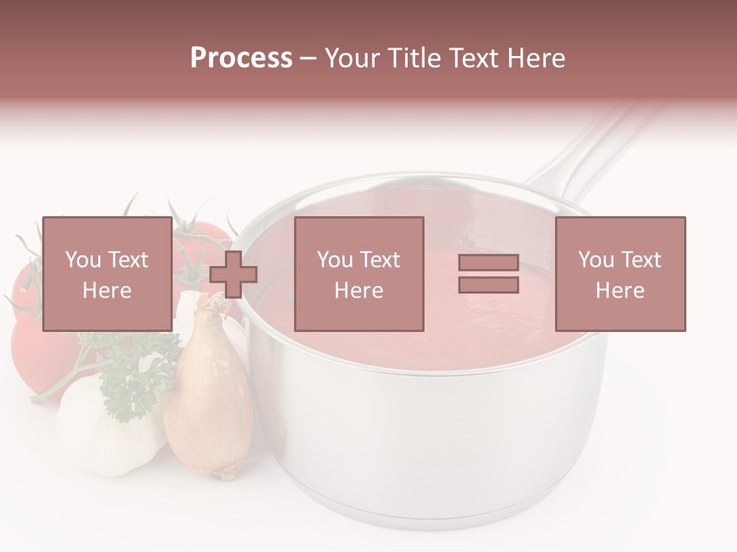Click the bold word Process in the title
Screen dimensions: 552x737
point(241,58)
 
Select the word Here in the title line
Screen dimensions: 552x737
point(536,58)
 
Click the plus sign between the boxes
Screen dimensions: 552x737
point(233,274)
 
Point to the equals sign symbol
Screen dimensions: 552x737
point(488,274)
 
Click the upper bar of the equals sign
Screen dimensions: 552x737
point(488,263)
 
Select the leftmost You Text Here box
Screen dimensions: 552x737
point(107,274)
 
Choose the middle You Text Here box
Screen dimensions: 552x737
point(359,274)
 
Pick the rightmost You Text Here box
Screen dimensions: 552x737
point(620,274)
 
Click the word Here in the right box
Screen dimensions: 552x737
point(620,290)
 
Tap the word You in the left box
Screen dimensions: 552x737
point(81,259)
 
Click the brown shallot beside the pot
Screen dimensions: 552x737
point(208,399)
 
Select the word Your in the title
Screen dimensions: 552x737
point(352,58)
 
